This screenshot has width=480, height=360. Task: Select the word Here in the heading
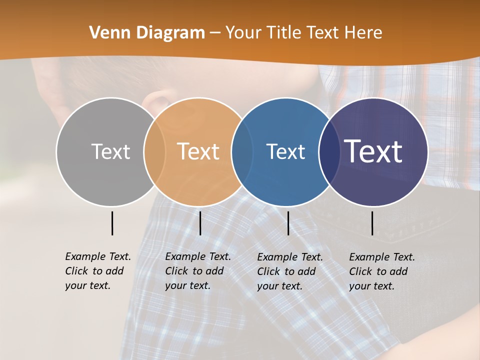tap(363, 33)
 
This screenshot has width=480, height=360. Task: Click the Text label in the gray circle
tap(110, 151)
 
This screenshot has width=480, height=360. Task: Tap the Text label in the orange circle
tap(198, 151)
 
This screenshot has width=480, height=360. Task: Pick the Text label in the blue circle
tap(286, 151)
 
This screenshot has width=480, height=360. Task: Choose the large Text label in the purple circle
tap(373, 151)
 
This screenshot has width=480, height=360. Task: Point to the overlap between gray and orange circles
tap(154, 151)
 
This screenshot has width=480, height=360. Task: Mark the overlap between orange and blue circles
tap(242, 151)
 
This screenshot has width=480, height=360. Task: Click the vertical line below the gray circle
tap(112, 223)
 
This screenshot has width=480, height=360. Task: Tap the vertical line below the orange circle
tap(200, 223)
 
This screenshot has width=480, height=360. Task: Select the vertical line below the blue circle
tap(288, 223)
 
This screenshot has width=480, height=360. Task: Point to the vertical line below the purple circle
tap(372, 223)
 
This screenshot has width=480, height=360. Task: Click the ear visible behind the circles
tap(156, 100)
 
